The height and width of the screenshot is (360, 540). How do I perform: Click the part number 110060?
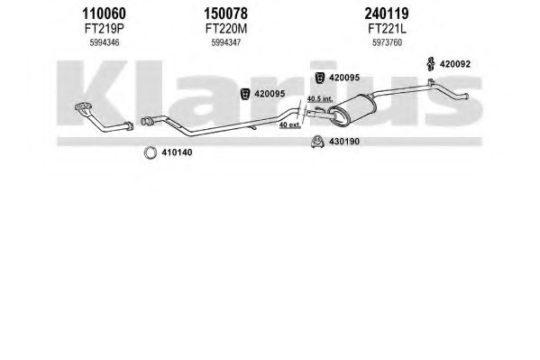click(104, 14)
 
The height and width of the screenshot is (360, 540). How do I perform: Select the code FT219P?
click(104, 29)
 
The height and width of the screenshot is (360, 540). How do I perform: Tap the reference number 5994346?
click(105, 42)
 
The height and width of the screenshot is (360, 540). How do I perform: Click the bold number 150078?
click(225, 14)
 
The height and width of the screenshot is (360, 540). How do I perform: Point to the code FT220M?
click(226, 29)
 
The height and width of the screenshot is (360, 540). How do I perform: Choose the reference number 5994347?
click(226, 42)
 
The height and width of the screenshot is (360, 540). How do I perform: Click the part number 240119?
click(387, 14)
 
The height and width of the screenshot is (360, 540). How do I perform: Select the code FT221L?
click(387, 29)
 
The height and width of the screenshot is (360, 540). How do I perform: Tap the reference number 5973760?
click(387, 42)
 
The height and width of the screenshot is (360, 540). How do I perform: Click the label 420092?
click(455, 64)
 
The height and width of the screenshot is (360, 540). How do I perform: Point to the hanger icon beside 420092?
click(430, 64)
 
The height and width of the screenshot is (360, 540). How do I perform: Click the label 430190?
click(344, 142)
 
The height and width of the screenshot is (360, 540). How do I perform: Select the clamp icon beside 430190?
click(316, 142)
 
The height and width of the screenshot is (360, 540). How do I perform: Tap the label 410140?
click(177, 152)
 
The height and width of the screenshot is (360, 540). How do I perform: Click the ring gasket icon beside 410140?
click(151, 152)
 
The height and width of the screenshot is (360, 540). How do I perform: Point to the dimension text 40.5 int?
click(320, 98)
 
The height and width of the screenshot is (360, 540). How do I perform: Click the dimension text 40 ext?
click(289, 125)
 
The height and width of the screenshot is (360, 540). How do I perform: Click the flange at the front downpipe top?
click(83, 106)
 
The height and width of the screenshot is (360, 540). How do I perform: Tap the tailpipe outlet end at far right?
click(465, 97)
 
